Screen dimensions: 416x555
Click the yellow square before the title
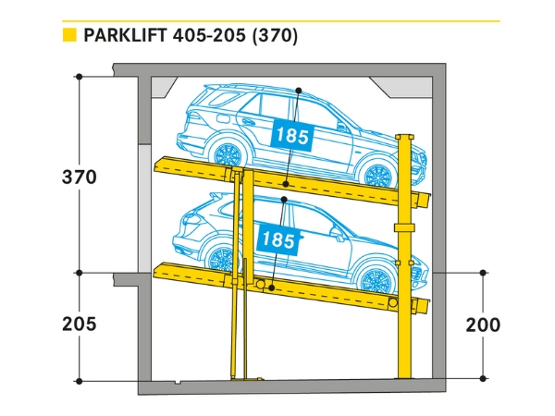point(68,36)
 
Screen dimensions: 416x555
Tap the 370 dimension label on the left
point(80,177)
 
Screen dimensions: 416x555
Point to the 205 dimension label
point(80,324)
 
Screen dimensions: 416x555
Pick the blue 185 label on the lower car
point(278,239)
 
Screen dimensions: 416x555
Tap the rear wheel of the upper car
point(223,153)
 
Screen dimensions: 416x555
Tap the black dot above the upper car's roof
point(299,90)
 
